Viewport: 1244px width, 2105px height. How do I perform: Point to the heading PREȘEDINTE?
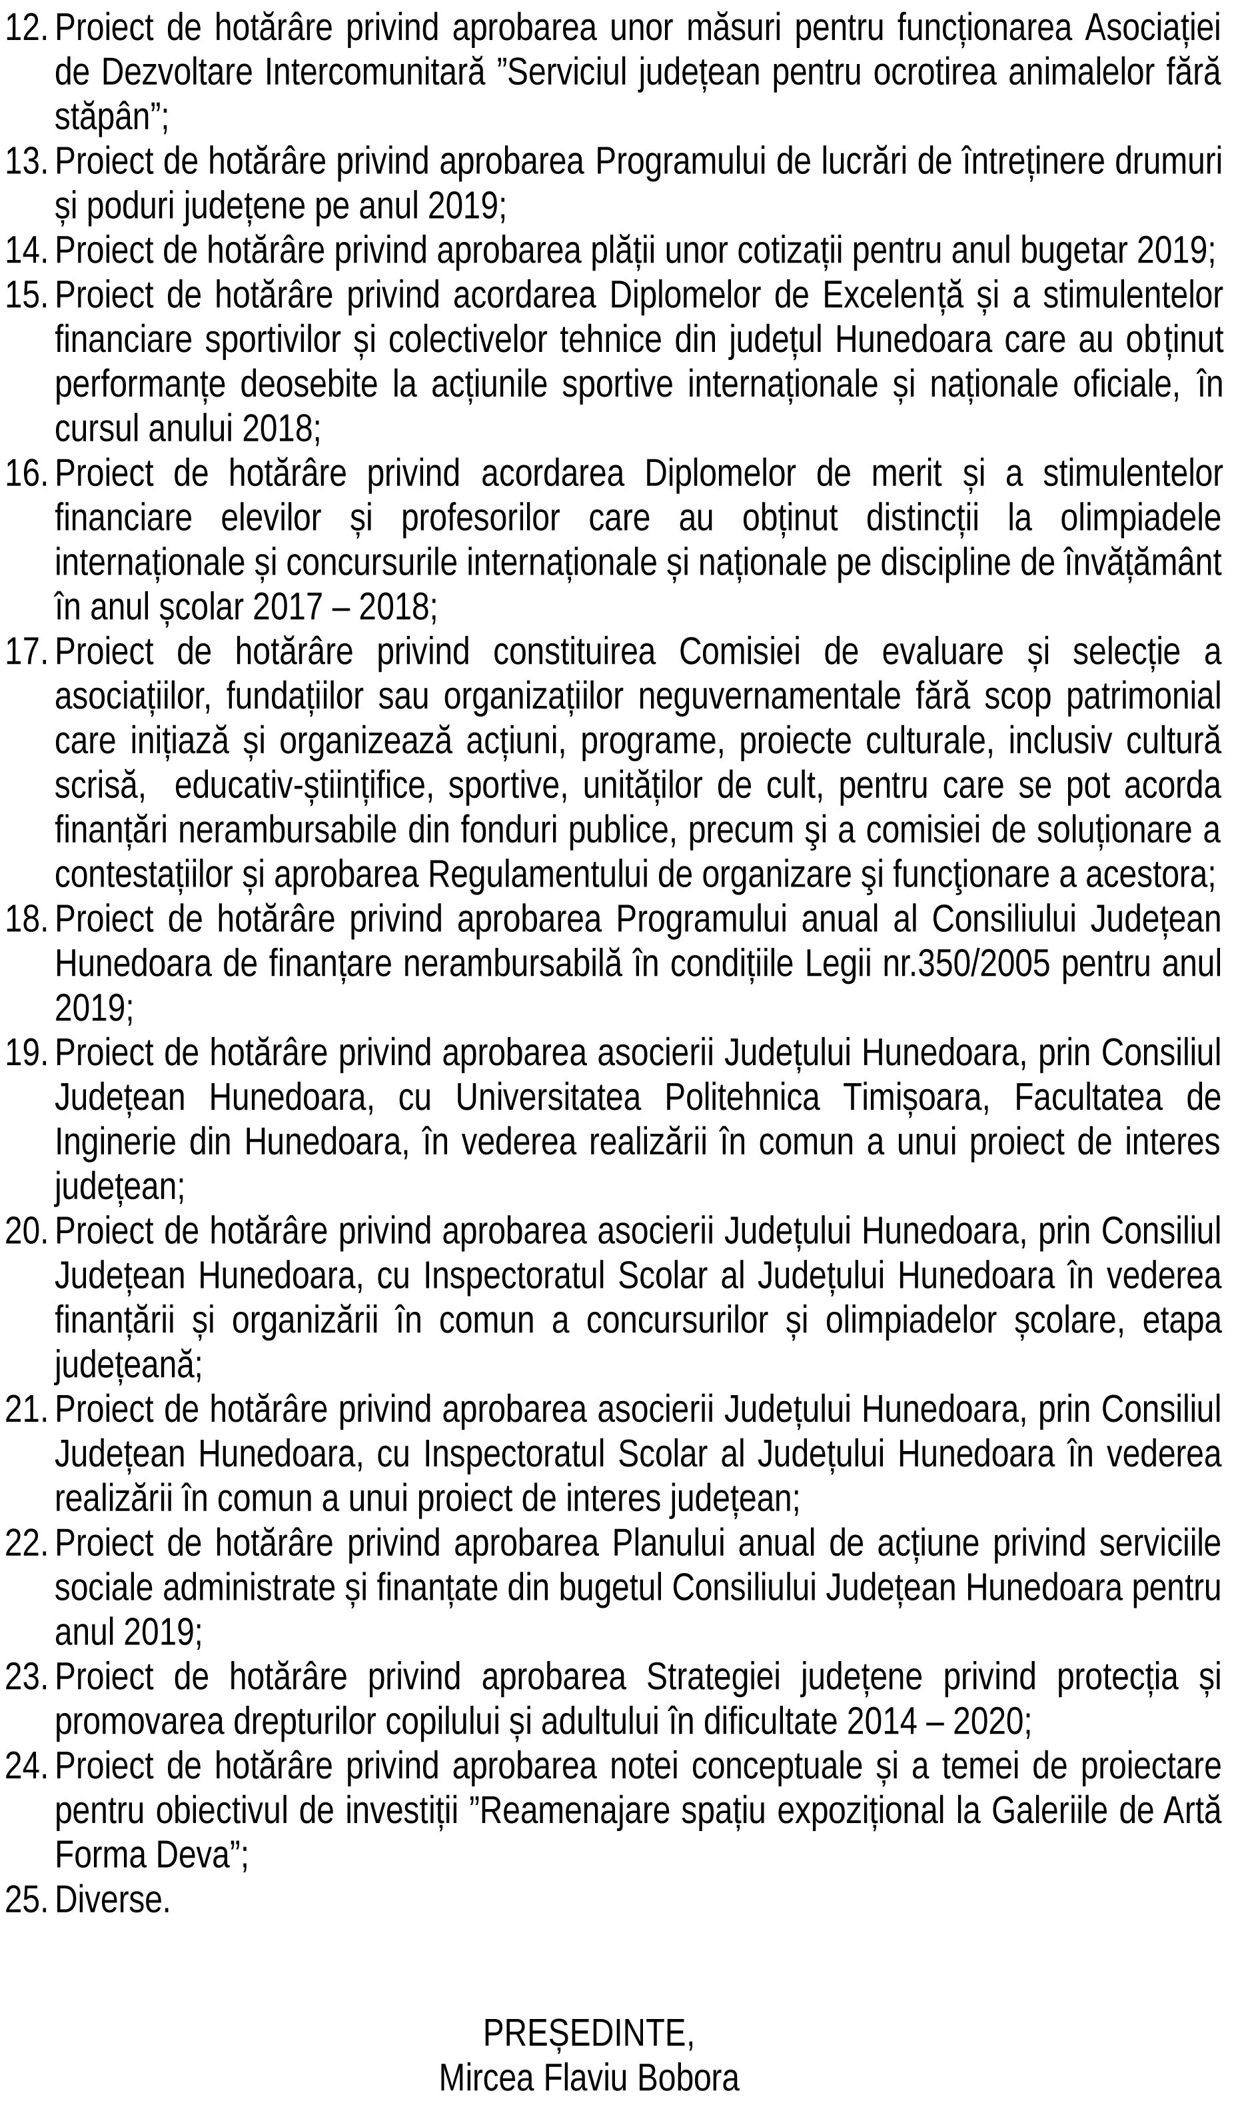pos(588,2033)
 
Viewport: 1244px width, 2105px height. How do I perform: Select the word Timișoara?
pos(916,1098)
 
